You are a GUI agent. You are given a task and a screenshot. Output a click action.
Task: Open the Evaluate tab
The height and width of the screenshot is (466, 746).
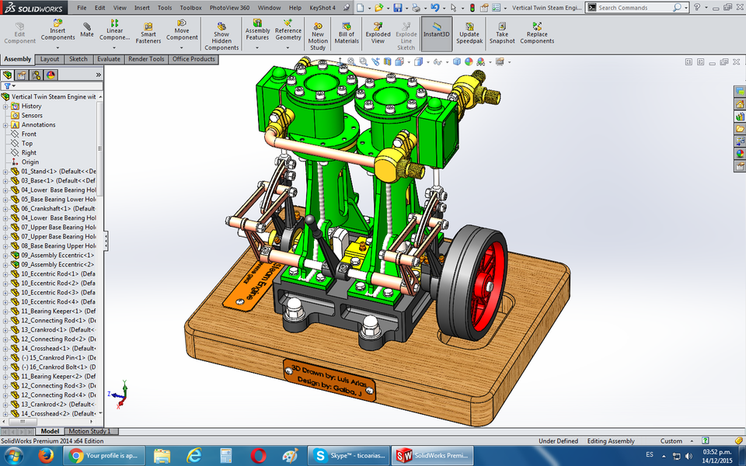click(x=109, y=59)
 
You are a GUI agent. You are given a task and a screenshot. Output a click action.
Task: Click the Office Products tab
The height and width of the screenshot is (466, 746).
click(x=193, y=59)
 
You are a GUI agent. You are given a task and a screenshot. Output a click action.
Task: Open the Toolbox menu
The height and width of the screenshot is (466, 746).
click(x=190, y=8)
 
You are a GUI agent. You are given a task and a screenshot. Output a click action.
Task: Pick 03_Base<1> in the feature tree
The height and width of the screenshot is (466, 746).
click(x=54, y=180)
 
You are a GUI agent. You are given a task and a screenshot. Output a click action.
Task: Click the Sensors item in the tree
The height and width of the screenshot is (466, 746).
click(x=32, y=115)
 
